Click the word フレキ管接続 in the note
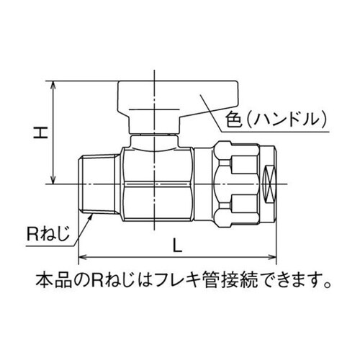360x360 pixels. click(217, 277)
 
